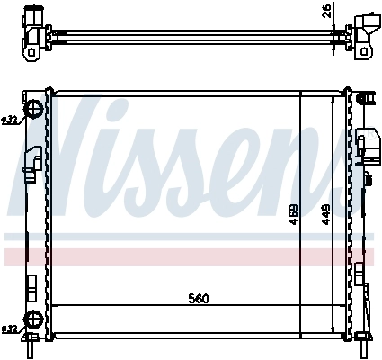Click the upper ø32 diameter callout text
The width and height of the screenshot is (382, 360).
(x=9, y=120)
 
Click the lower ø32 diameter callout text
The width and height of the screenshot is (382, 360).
(x=9, y=328)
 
